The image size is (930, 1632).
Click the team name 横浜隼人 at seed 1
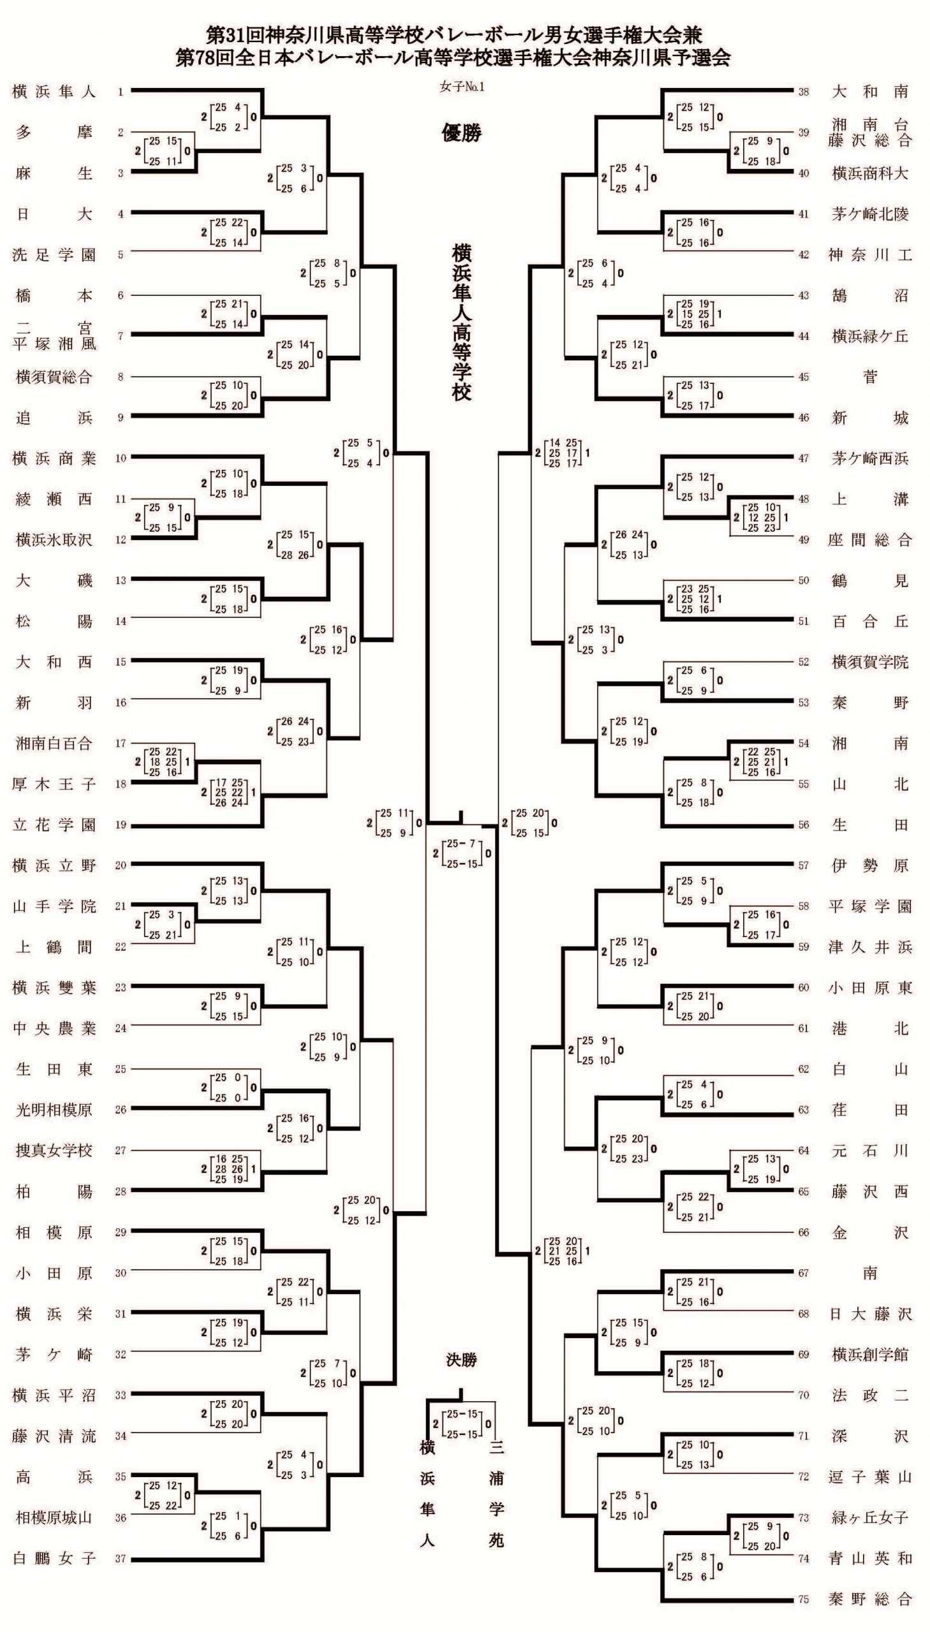click(x=54, y=92)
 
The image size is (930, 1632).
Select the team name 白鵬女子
click(x=54, y=1558)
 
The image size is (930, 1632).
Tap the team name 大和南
click(x=870, y=92)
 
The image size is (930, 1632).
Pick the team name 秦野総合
click(x=870, y=1599)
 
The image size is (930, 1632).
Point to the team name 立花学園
click(x=54, y=825)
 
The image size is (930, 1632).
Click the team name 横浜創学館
click(x=870, y=1354)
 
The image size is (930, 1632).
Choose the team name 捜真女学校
click(x=54, y=1151)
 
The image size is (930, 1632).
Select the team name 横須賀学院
click(x=870, y=662)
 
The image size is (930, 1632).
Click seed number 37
click(x=120, y=1559)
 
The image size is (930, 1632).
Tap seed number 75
click(x=804, y=1599)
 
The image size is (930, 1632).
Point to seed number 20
click(x=120, y=866)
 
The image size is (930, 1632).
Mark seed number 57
click(x=804, y=866)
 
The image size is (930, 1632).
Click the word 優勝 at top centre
click(x=461, y=133)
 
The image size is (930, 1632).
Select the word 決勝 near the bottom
click(x=461, y=1360)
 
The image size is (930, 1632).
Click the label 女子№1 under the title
click(x=461, y=87)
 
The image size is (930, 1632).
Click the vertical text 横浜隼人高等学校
click(x=461, y=322)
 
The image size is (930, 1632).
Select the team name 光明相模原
click(x=54, y=1109)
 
